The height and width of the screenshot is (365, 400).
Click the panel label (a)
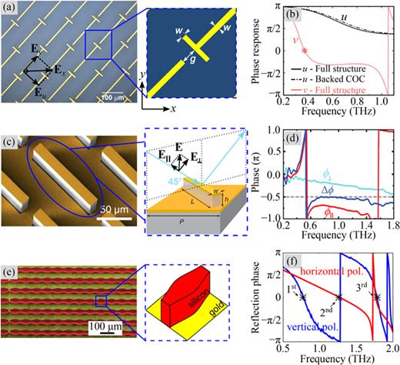point(12,12)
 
